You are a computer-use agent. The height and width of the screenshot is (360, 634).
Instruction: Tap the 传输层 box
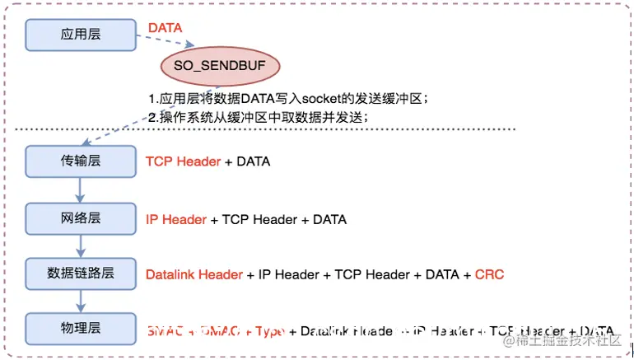80,161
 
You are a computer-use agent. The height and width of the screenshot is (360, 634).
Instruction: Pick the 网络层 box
80,218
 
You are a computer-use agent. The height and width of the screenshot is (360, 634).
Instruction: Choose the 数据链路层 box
80,273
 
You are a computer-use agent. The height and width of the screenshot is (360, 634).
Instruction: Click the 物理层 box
80,327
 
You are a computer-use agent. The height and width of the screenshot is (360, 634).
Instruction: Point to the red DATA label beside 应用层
165,28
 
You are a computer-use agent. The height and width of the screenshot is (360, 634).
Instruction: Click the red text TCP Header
183,161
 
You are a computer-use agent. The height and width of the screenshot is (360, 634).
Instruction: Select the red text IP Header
176,219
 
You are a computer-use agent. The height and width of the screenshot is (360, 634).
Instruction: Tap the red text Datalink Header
194,274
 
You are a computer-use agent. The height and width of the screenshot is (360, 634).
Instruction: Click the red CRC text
489,274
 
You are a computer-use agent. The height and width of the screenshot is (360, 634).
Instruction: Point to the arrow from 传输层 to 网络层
80,189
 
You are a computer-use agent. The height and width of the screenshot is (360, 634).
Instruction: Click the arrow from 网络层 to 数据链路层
80,245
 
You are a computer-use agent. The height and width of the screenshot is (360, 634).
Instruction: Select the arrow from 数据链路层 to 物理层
80,300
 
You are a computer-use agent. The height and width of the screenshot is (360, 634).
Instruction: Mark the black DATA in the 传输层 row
253,161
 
